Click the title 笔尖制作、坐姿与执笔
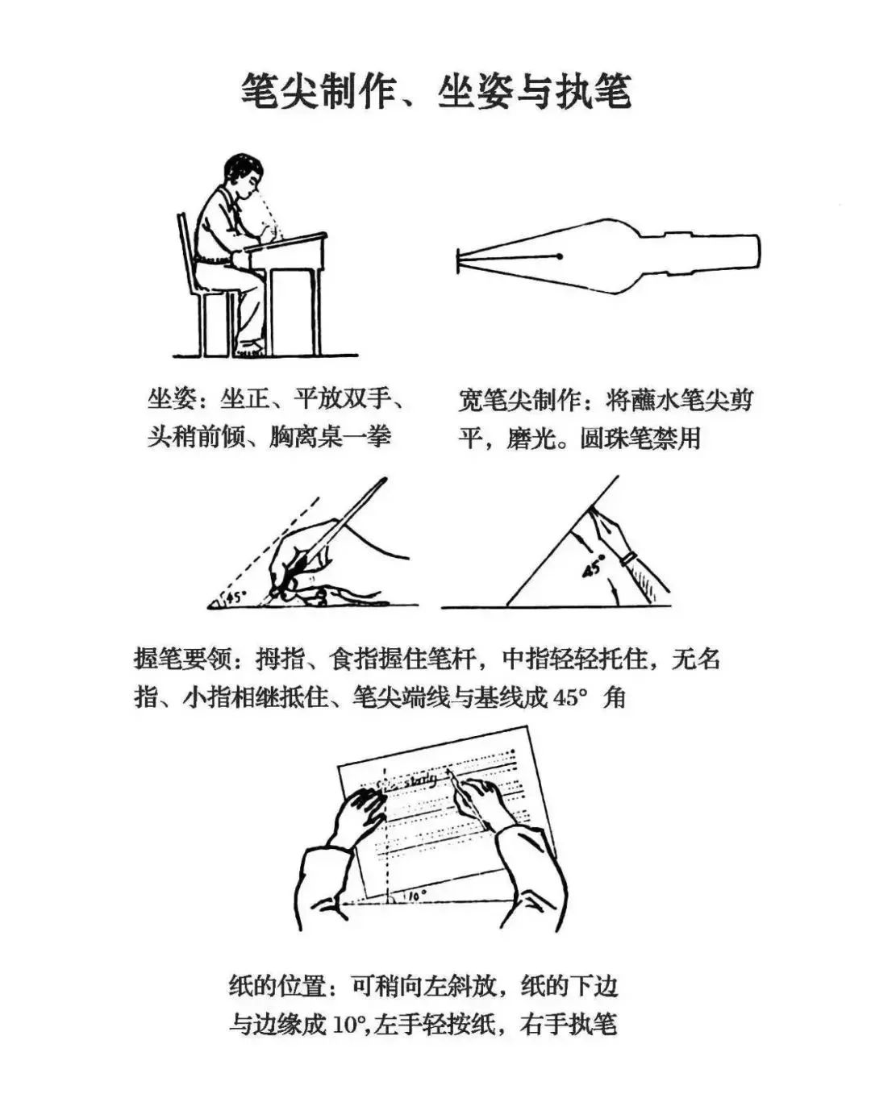pos(435,90)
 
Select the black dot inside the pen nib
pos(559,256)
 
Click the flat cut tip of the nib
pos(459,257)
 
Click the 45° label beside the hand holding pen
pos(235,597)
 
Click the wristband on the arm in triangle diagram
pos(629,557)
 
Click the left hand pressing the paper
pos(359,814)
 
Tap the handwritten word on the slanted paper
pos(419,779)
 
